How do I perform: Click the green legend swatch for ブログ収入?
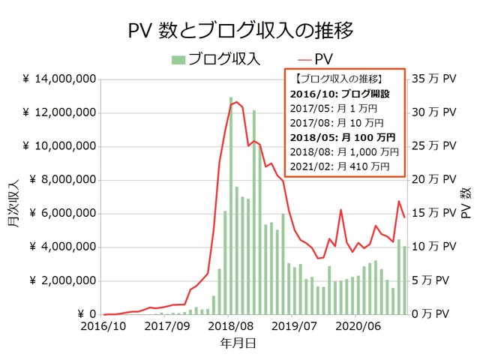pyautogui.click(x=178, y=59)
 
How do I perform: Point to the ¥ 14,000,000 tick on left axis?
pyautogui.click(x=58, y=79)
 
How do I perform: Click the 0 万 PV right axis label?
pyautogui.click(x=436, y=315)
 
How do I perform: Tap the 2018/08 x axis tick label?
pyautogui.click(x=232, y=328)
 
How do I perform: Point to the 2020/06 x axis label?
pyautogui.click(x=358, y=328)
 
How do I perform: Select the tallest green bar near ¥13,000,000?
pyautogui.click(x=231, y=206)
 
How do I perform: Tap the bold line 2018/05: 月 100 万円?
pyautogui.click(x=343, y=137)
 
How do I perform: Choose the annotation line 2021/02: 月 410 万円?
pyautogui.click(x=340, y=166)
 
